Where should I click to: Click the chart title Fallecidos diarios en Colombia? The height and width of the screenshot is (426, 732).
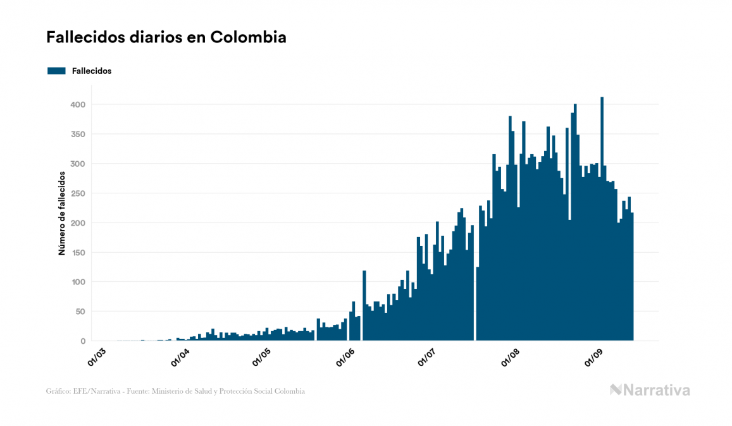click(x=166, y=37)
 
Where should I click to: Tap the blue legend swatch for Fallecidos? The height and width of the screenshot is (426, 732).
click(x=56, y=71)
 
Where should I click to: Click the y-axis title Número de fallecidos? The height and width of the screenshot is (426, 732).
click(x=62, y=212)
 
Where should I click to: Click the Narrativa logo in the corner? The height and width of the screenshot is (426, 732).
click(x=650, y=390)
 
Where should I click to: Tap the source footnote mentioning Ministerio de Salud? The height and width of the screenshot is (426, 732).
click(x=175, y=391)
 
